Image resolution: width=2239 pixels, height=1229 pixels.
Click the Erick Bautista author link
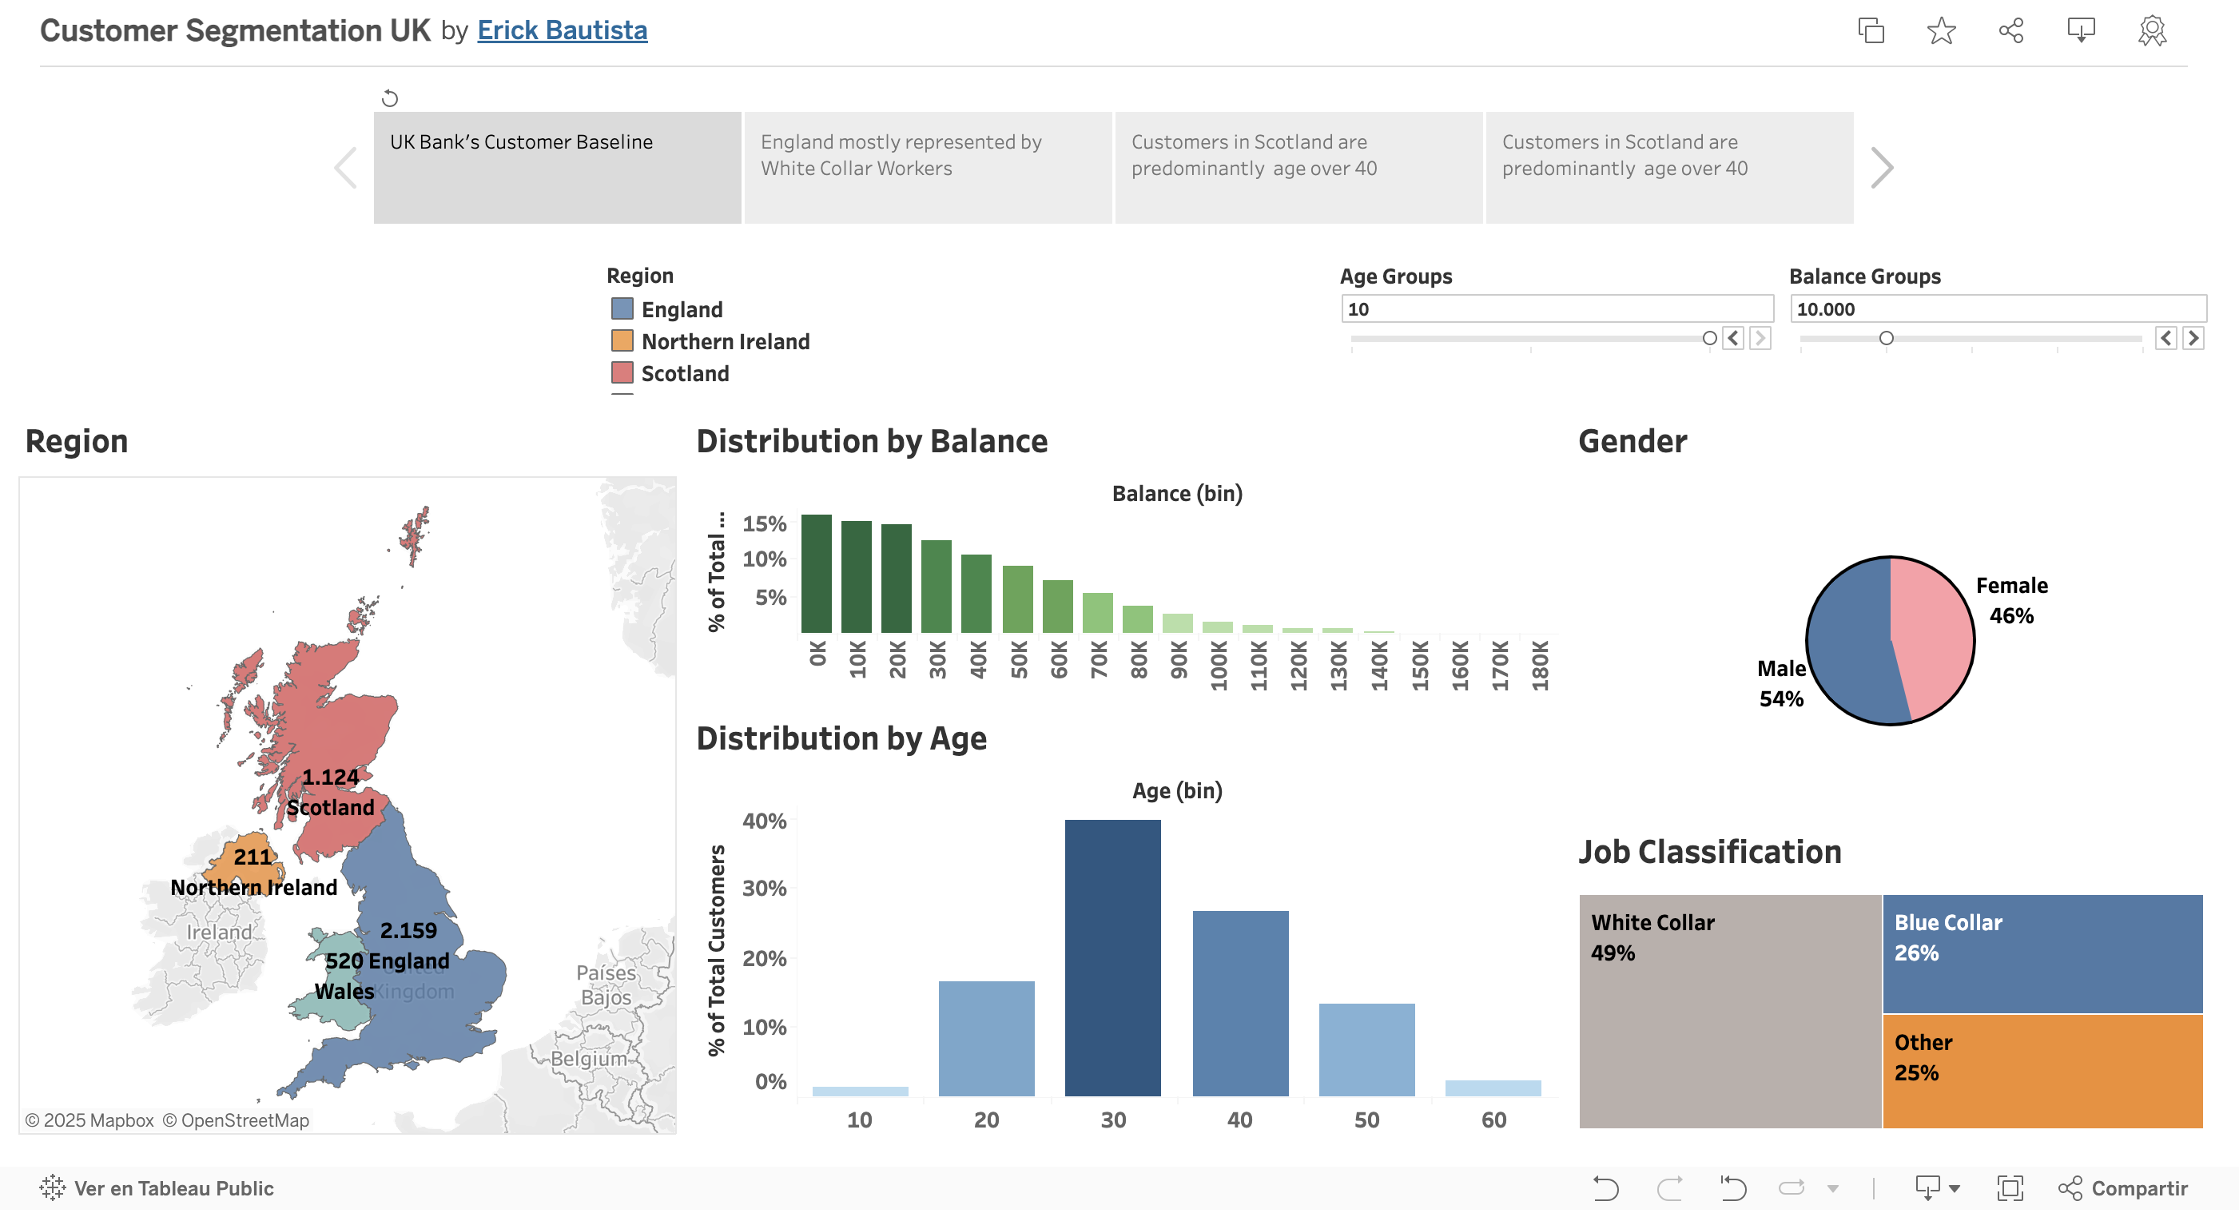click(x=562, y=30)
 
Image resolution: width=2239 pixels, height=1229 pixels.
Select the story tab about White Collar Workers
click(x=928, y=167)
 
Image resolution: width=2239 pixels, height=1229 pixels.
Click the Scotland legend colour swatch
click(x=622, y=373)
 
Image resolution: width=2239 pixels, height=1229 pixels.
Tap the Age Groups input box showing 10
click(x=1556, y=308)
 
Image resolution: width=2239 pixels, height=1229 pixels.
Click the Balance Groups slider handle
click(x=1885, y=338)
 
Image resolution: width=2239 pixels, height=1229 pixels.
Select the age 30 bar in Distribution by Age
click(x=1112, y=956)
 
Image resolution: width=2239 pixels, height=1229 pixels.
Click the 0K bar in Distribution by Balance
click(x=815, y=574)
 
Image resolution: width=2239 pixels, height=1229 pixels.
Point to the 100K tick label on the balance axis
click(x=1219, y=665)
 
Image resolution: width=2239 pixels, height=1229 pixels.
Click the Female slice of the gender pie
click(x=1934, y=634)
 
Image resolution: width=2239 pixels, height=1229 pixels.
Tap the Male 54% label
click(x=1781, y=683)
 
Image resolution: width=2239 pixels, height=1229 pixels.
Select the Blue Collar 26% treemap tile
click(x=2042, y=953)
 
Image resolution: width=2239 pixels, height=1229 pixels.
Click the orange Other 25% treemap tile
click(x=2042, y=1071)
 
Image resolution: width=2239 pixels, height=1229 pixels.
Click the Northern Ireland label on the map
click(x=254, y=888)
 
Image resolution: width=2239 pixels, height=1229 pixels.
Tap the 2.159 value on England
click(x=408, y=930)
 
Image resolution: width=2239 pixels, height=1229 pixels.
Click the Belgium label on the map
click(x=588, y=1059)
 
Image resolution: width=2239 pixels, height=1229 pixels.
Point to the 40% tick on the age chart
click(x=764, y=821)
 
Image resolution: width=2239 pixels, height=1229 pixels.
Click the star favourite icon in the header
click(x=1941, y=31)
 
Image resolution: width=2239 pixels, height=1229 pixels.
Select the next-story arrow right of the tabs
click(x=1881, y=168)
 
